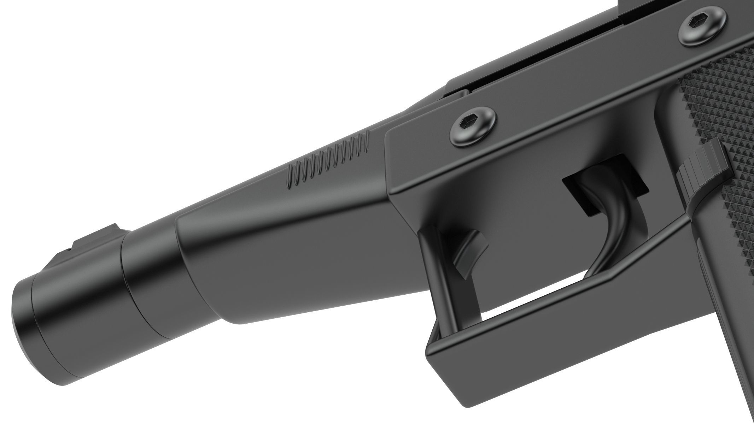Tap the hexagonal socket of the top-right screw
point(699,23)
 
